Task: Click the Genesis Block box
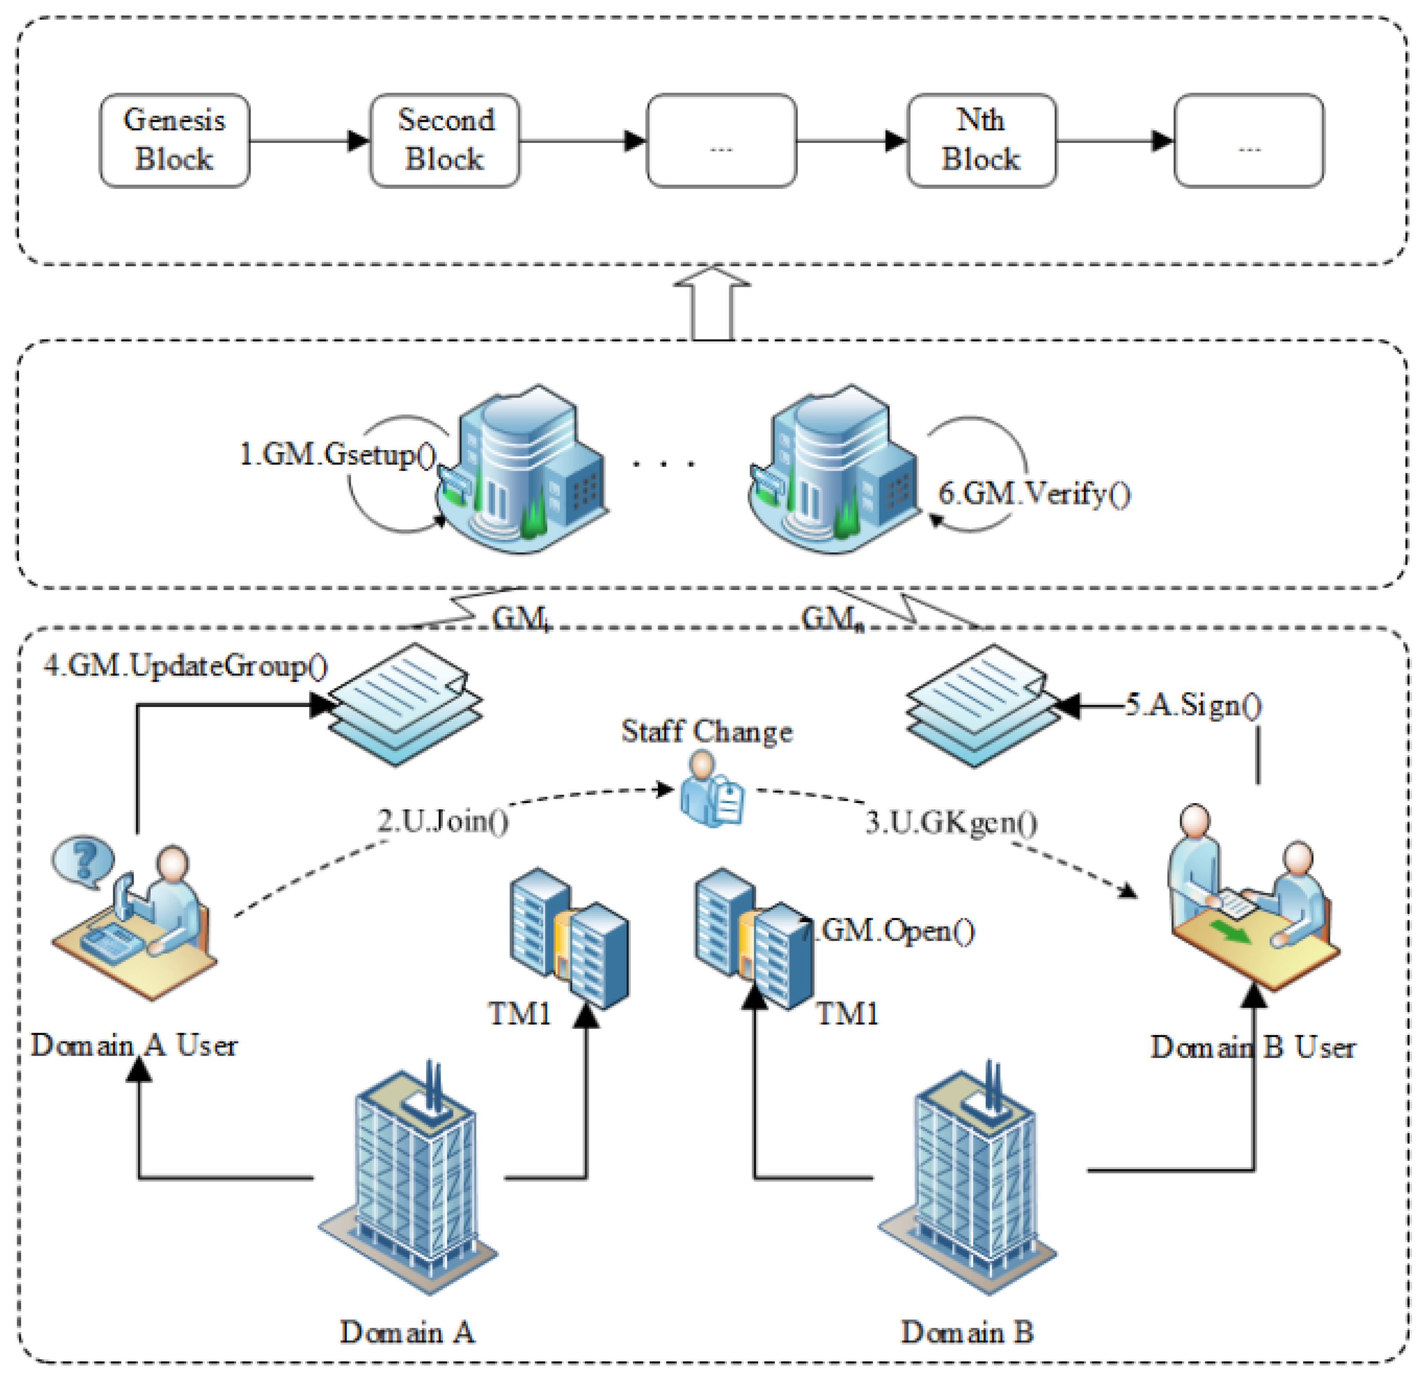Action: point(174,140)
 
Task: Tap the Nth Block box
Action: point(981,140)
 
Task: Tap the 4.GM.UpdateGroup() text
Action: point(185,666)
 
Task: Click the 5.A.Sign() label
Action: point(1194,705)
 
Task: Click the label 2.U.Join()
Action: point(443,821)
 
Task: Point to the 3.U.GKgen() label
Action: point(952,823)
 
